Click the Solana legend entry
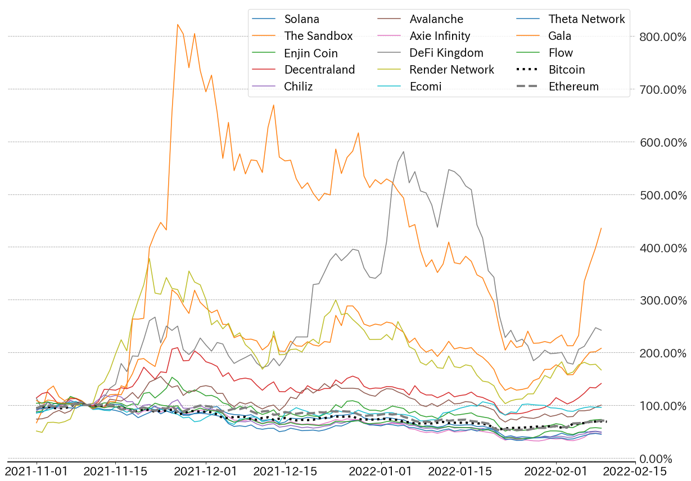tap(301, 19)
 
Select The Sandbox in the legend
tap(318, 36)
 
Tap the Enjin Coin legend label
tap(311, 53)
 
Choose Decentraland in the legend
tap(319, 70)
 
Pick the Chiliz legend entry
tap(298, 87)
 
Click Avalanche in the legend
tap(436, 19)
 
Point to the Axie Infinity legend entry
tap(440, 36)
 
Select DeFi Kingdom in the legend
tap(446, 53)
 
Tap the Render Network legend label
tap(451, 70)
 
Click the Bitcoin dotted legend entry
tap(567, 70)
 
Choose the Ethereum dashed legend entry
tap(573, 87)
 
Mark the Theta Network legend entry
tap(586, 19)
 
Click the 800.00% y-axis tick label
tap(663, 37)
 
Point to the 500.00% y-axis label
tap(663, 195)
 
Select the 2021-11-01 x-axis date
tap(37, 471)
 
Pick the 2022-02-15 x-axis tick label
tap(635, 471)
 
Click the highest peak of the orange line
tap(178, 25)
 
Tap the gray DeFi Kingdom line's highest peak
tap(404, 152)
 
